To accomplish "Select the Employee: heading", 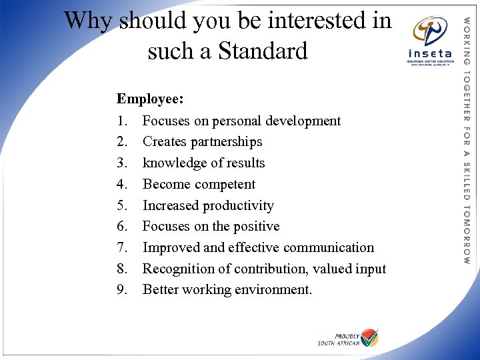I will (x=150, y=99).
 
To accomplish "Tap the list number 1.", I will (x=121, y=121).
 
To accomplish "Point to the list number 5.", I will (x=121, y=205).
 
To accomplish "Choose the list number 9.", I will (x=121, y=290).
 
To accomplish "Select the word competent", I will (x=224, y=184).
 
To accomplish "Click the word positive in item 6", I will (x=256, y=227).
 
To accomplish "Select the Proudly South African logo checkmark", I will (x=369, y=337).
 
